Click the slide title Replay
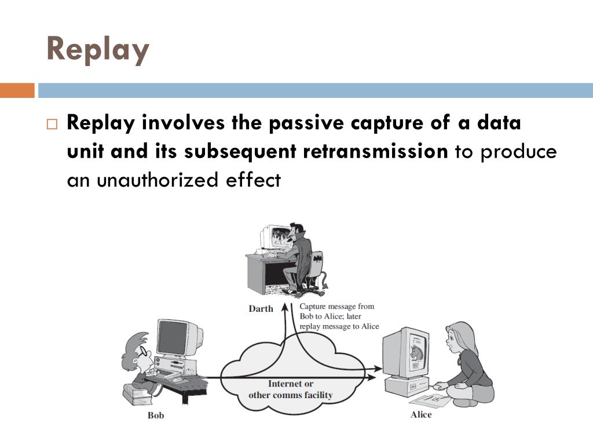97,49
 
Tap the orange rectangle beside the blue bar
17,90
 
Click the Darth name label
261,308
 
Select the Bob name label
156,415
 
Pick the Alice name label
421,414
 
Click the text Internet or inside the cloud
291,384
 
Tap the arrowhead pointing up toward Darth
284,306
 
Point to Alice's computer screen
416,352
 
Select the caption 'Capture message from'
336,307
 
